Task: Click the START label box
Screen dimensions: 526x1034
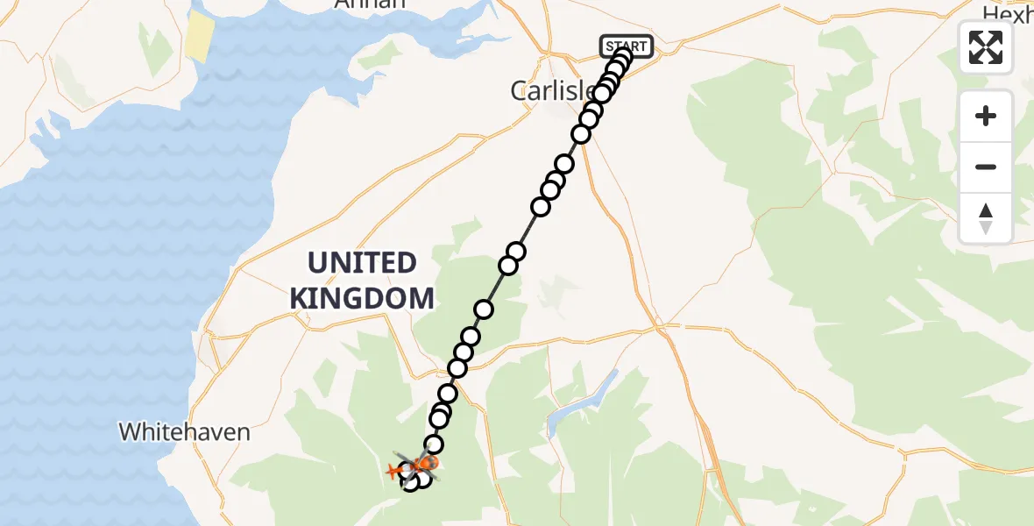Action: pyautogui.click(x=626, y=46)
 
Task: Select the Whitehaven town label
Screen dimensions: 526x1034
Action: pyautogui.click(x=184, y=431)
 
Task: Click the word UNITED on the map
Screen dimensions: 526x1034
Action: pyautogui.click(x=362, y=263)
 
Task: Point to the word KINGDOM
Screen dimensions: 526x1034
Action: pyautogui.click(x=362, y=298)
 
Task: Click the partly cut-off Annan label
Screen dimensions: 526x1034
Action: pyautogui.click(x=371, y=4)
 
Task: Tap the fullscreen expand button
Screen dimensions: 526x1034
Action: pyautogui.click(x=986, y=47)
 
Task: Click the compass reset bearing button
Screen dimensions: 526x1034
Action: pyautogui.click(x=986, y=218)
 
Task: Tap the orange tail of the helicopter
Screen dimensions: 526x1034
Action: pyautogui.click(x=394, y=472)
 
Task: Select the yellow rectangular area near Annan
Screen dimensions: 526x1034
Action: pyautogui.click(x=200, y=37)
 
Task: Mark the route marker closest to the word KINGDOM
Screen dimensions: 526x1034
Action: pyautogui.click(x=483, y=309)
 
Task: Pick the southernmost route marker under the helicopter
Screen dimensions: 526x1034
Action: pyautogui.click(x=410, y=482)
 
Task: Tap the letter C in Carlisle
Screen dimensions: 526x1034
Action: pyautogui.click(x=519, y=90)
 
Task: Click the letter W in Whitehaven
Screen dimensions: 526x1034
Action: pyautogui.click(x=129, y=431)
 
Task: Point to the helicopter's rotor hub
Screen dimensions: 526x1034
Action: pyautogui.click(x=417, y=465)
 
